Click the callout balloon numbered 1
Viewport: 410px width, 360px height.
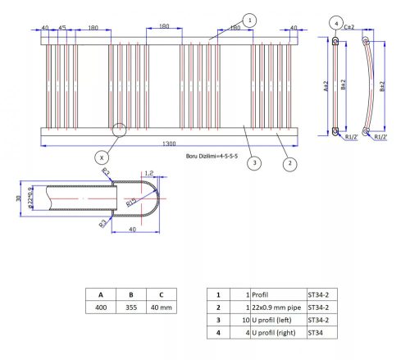tap(250, 20)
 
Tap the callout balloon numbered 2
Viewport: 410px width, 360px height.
tap(289, 164)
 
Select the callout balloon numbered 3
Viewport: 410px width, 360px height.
tap(255, 164)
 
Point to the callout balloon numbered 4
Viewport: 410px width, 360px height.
tap(336, 22)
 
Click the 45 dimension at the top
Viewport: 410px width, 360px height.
tap(61, 27)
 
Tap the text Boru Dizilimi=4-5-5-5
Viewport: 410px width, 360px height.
tap(212, 155)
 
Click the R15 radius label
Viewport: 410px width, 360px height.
tap(131, 202)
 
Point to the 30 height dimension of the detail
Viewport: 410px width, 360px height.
tap(19, 198)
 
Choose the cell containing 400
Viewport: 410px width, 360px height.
tap(101, 308)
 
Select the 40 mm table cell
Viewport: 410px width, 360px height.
tap(162, 308)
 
